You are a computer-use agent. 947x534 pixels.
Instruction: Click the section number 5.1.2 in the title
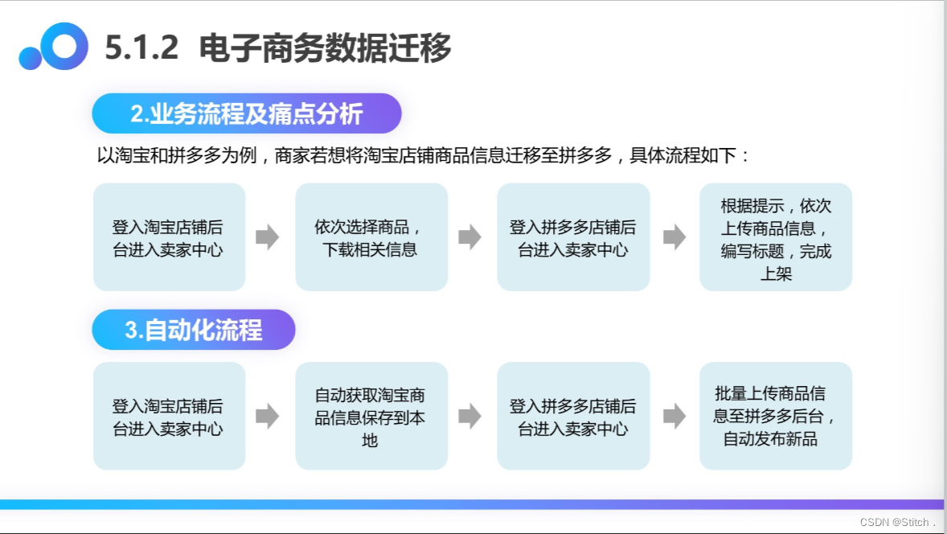(x=141, y=49)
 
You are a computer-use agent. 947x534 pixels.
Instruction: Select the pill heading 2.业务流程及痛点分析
(x=246, y=113)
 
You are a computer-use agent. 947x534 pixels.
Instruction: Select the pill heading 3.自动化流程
(x=193, y=330)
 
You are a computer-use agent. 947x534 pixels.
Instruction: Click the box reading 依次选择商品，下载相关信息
(x=371, y=237)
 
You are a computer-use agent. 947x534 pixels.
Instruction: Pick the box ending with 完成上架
(x=775, y=237)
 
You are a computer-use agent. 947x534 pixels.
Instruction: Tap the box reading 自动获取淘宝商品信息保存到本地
(x=371, y=417)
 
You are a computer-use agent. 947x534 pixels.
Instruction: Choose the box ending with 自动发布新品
(x=775, y=417)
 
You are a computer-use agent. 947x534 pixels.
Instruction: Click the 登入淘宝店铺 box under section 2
(x=169, y=237)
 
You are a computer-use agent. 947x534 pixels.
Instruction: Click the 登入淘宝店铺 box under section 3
(x=169, y=417)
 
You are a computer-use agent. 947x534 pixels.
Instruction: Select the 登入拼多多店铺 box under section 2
(x=572, y=237)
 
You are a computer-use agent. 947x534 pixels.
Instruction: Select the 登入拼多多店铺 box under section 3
(x=572, y=417)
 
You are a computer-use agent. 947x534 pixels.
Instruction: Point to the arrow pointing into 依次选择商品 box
(x=268, y=237)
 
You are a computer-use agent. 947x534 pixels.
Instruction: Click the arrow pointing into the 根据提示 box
(x=674, y=237)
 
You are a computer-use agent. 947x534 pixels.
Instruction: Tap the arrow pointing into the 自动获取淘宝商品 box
(x=268, y=417)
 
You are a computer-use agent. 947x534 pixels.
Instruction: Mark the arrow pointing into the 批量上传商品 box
(x=674, y=417)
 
